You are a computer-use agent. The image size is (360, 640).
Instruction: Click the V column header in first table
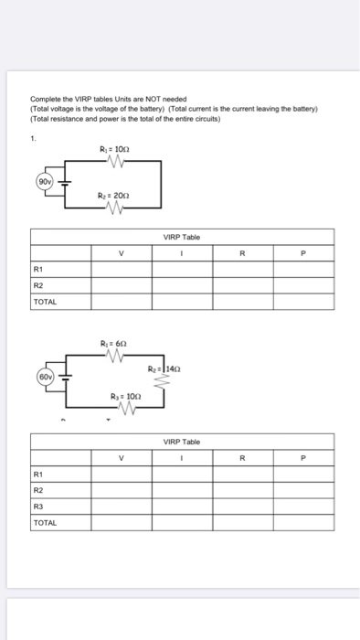pyautogui.click(x=120, y=254)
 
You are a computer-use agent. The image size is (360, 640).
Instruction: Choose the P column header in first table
pyautogui.click(x=304, y=254)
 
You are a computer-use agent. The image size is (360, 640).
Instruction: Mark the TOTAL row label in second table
pyautogui.click(x=45, y=522)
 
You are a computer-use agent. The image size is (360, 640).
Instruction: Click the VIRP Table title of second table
pyautogui.click(x=183, y=441)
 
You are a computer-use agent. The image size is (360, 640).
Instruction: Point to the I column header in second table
pyautogui.click(x=183, y=458)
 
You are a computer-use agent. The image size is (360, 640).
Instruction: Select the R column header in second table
pyautogui.click(x=243, y=458)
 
